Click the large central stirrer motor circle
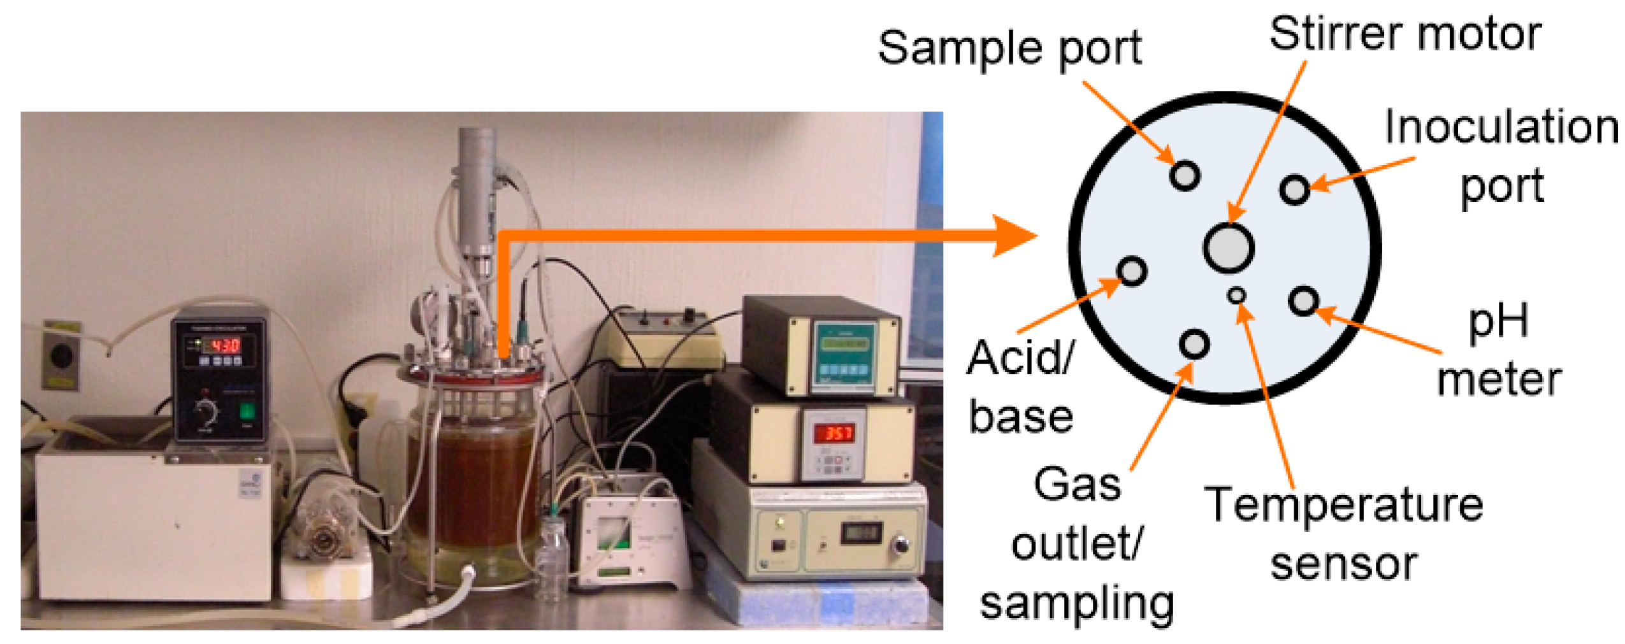coord(1227,247)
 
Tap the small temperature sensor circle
coord(1236,295)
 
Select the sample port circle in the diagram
coord(1184,175)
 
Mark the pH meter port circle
coord(1303,301)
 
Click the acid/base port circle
coord(1132,271)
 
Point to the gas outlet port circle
coord(1193,344)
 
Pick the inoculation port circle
coord(1294,189)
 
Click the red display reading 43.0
coord(224,345)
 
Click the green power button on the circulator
coord(246,411)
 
